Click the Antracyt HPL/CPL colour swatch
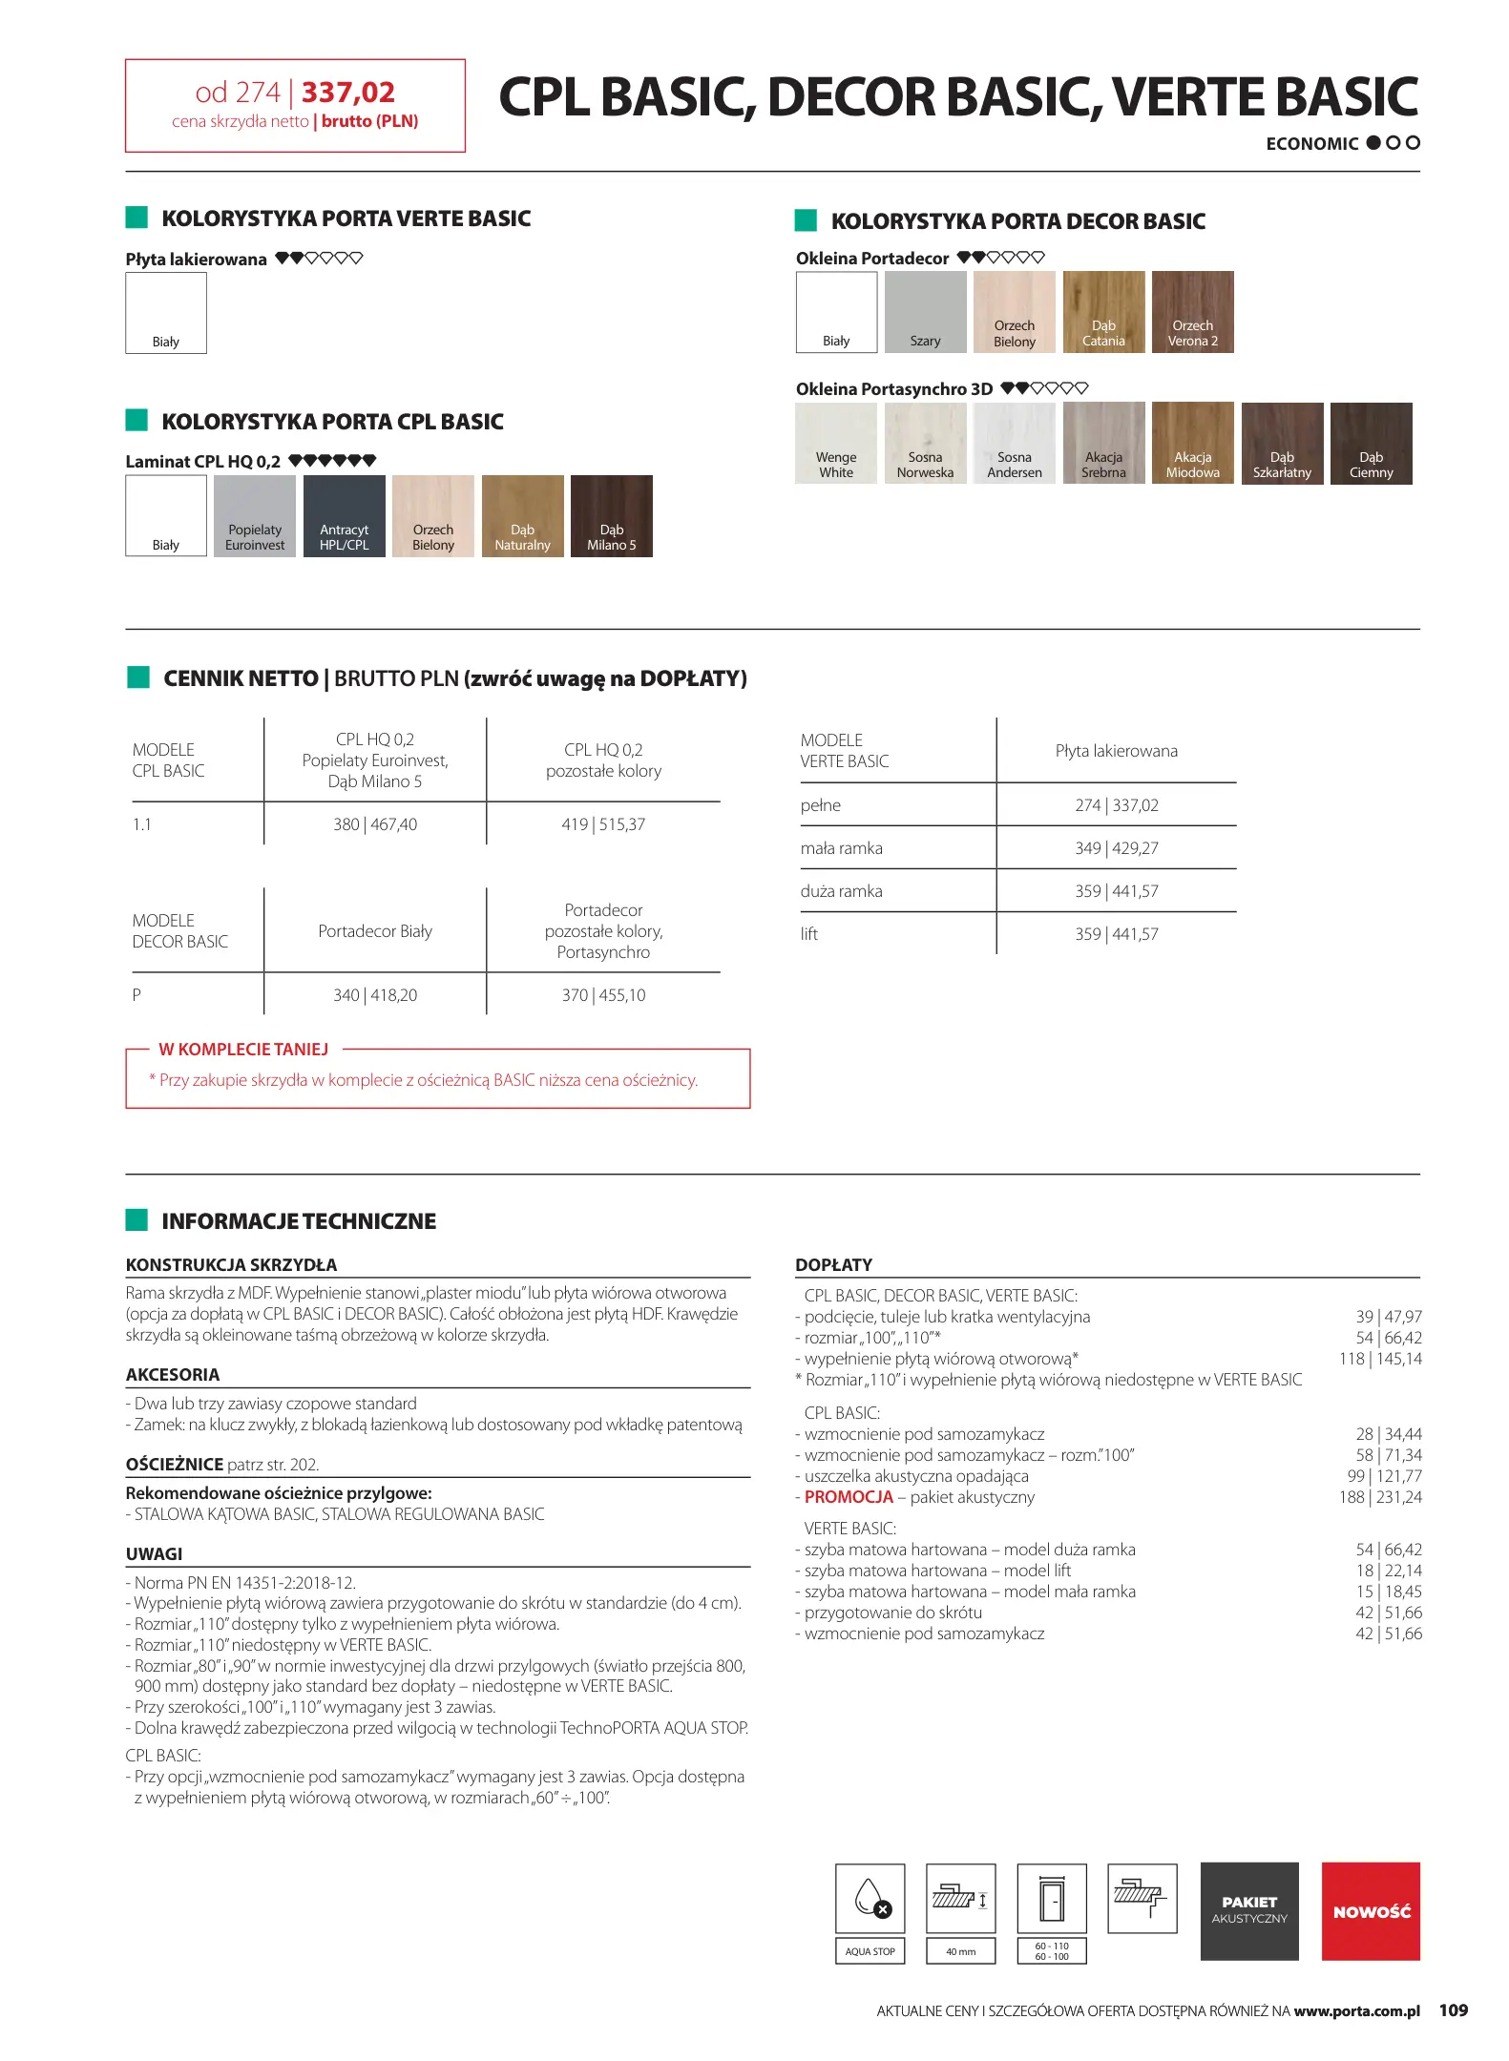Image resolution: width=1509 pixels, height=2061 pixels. pyautogui.click(x=344, y=515)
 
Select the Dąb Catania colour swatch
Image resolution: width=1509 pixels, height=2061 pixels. pyautogui.click(x=1103, y=312)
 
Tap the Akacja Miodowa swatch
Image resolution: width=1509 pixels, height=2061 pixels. pyautogui.click(x=1192, y=443)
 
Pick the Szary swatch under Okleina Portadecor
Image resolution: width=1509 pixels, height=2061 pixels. pyautogui.click(x=925, y=312)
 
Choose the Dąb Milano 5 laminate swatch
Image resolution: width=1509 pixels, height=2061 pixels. pyautogui.click(x=611, y=515)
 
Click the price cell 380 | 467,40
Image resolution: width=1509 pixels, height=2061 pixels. pyautogui.click(x=375, y=824)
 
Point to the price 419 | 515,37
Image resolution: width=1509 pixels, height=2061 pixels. pyautogui.click(x=603, y=824)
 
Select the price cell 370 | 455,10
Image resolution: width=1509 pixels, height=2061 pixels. pyautogui.click(x=603, y=995)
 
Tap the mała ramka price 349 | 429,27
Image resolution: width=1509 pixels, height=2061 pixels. pyautogui.click(x=1116, y=848)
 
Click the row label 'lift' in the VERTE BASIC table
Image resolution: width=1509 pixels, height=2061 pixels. pyautogui.click(x=809, y=934)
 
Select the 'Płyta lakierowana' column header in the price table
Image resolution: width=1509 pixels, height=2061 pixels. pyautogui.click(x=1116, y=751)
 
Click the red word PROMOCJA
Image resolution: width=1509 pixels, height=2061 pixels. pyautogui.click(x=849, y=1497)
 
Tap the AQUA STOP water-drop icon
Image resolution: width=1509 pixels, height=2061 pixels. pyautogui.click(x=870, y=1898)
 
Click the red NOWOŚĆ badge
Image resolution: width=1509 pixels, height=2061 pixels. pyautogui.click(x=1371, y=1911)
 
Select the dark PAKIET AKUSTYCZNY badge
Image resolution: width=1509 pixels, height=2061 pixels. pyautogui.click(x=1248, y=1911)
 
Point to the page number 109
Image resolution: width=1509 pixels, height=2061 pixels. pyautogui.click(x=1453, y=2010)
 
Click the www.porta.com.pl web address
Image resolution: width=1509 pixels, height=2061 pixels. pyautogui.click(x=1356, y=2011)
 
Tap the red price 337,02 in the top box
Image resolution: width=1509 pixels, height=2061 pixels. pyautogui.click(x=348, y=93)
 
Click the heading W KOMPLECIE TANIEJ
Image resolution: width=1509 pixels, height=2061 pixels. pyautogui.click(x=243, y=1050)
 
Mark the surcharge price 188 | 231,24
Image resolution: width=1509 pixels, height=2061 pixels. pyautogui.click(x=1380, y=1497)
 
